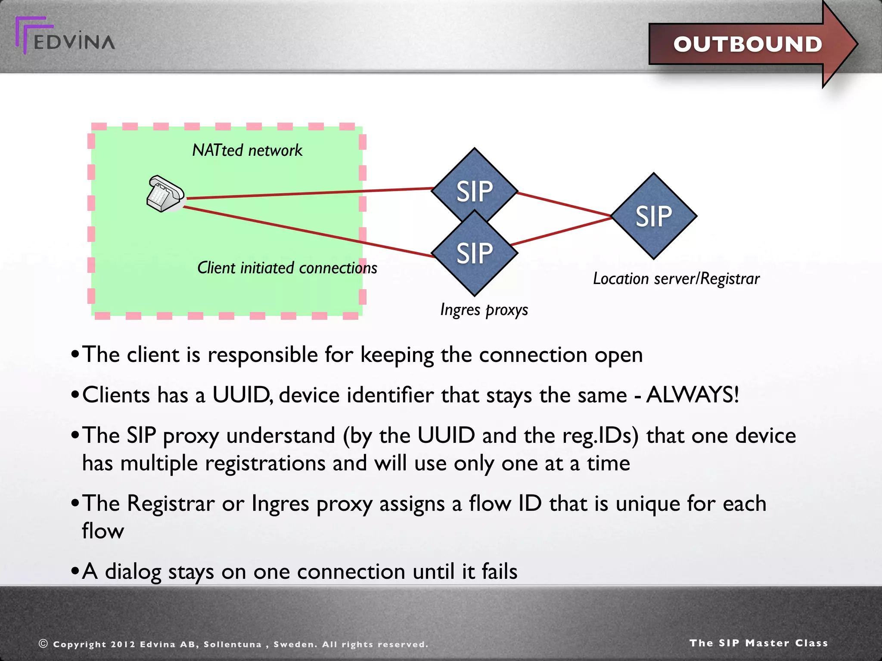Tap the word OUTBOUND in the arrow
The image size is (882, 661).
pos(747,44)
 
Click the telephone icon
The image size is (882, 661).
pos(165,194)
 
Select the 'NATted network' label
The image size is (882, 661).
pos(247,151)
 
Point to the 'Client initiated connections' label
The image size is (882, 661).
pos(287,268)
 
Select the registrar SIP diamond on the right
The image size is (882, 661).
pos(653,216)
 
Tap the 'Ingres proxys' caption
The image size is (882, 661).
pos(484,310)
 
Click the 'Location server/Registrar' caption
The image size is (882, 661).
pos(676,279)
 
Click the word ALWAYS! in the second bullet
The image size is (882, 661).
pos(693,395)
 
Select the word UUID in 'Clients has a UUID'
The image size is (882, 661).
pos(241,395)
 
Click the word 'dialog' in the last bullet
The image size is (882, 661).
pos(133,572)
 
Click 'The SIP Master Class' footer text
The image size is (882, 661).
pos(758,643)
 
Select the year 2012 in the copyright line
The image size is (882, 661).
pos(123,644)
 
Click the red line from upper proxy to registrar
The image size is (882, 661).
pos(564,204)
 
